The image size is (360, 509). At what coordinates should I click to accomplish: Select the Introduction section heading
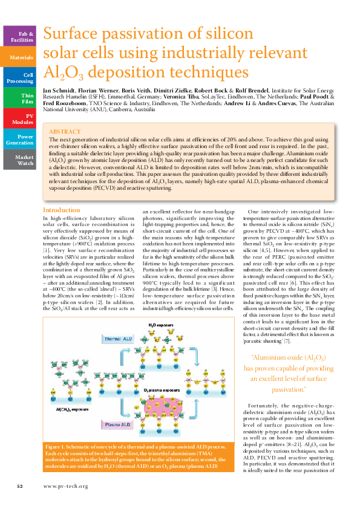click(61, 210)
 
